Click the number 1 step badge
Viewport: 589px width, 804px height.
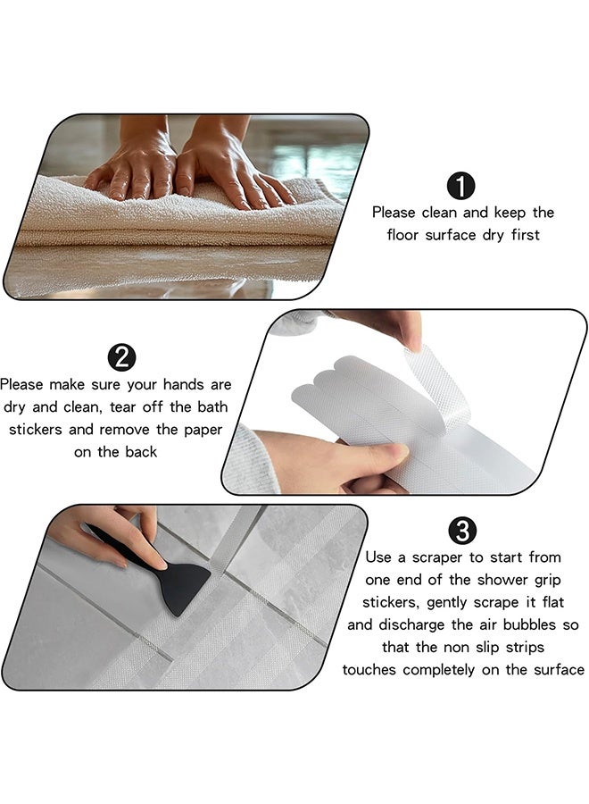coord(460,186)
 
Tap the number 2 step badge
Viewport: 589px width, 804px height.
coord(121,357)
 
